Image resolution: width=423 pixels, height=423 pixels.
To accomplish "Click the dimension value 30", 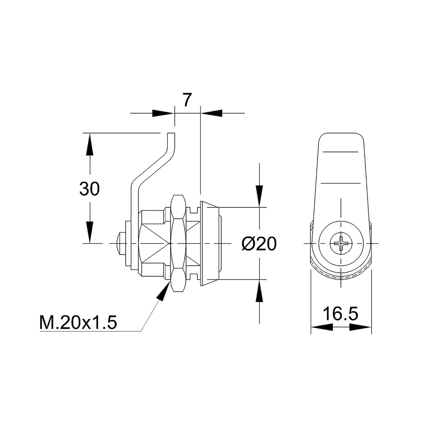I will (x=89, y=189).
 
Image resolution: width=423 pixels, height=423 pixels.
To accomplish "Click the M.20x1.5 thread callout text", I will (x=78, y=323).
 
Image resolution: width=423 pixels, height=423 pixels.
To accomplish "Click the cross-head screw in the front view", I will (x=341, y=243).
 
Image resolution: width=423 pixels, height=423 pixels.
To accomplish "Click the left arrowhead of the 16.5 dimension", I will (x=321, y=327).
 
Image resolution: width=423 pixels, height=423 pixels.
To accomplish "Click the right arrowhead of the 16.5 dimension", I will (x=360, y=327).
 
